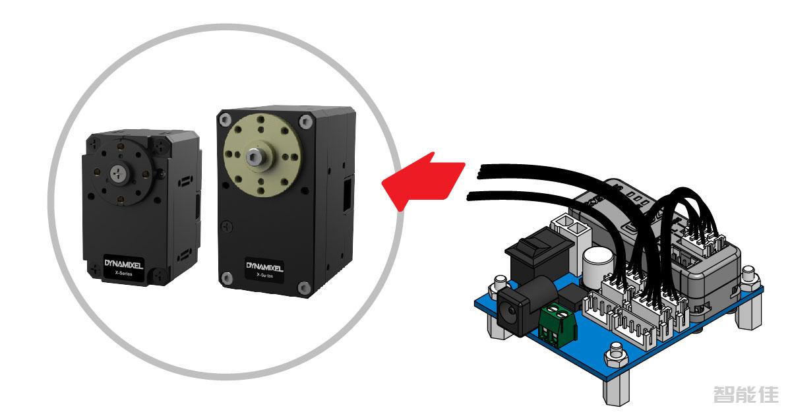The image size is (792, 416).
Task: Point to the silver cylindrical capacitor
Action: (x=597, y=262)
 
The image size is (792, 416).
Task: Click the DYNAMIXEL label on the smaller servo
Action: (x=123, y=264)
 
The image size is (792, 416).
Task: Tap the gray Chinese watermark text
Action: (x=745, y=394)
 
